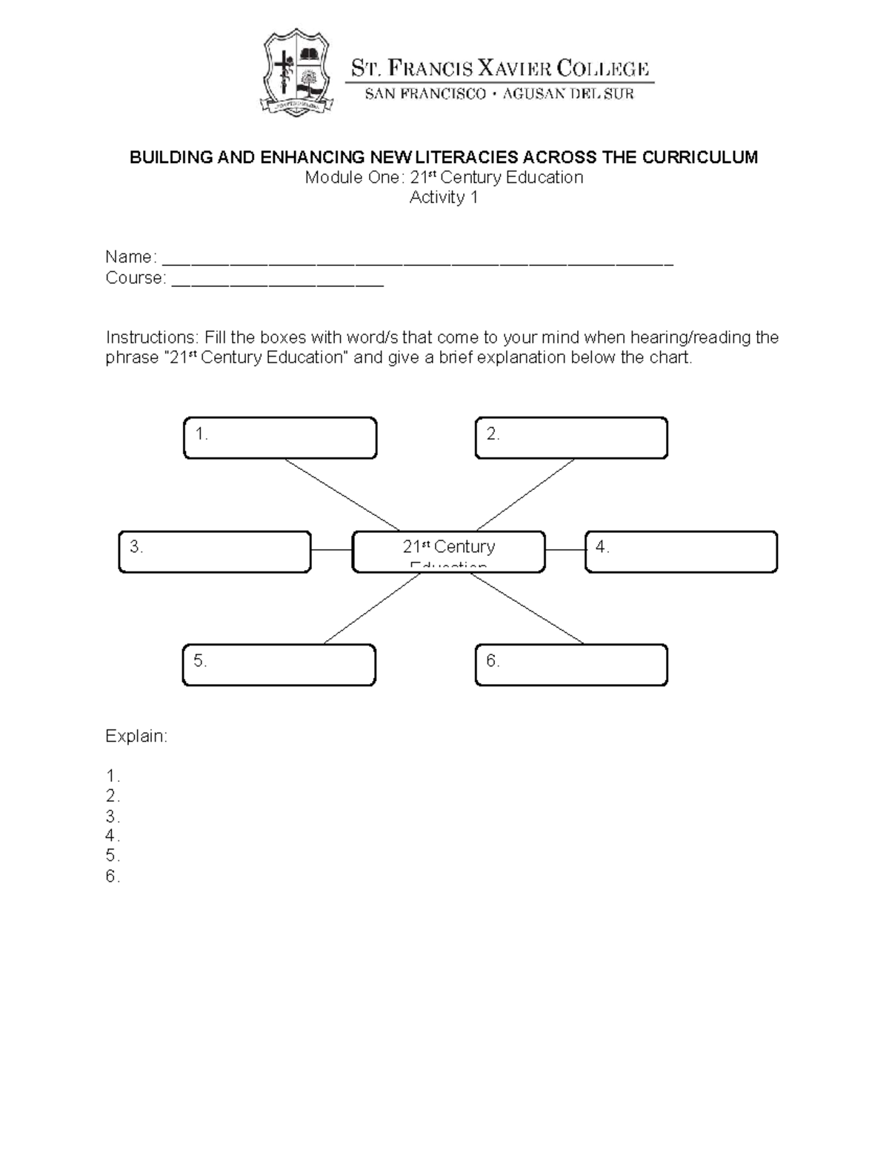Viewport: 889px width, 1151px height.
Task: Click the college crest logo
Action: coord(296,73)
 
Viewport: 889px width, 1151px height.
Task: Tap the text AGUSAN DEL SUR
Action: coord(568,94)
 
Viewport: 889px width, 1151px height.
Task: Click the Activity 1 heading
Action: coord(444,197)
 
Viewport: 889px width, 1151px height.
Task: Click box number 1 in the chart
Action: coord(280,438)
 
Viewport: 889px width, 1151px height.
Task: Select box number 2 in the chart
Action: coord(571,438)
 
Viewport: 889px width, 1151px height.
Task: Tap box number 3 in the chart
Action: coord(215,552)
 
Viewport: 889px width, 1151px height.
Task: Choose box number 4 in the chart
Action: coord(681,552)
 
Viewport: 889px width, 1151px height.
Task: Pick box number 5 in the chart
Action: coord(279,665)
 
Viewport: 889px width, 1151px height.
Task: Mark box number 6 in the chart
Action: coord(571,665)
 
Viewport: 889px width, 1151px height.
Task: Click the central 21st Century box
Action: coord(448,552)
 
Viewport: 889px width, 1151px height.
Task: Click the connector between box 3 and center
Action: coord(331,550)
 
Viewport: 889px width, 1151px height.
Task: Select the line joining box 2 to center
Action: coord(525,495)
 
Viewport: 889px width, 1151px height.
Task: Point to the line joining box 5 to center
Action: coord(372,608)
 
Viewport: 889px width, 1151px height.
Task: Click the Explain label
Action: coord(136,736)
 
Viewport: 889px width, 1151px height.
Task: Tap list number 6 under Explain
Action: coord(113,877)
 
